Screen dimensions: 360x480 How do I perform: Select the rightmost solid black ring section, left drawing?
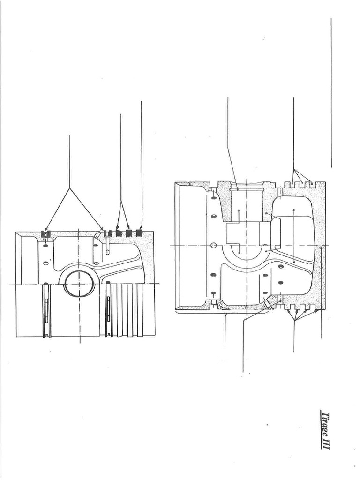140,233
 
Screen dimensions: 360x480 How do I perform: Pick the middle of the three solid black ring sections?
129,233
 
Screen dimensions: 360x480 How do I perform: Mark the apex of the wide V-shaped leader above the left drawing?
69,187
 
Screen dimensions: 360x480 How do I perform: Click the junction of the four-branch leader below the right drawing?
294,321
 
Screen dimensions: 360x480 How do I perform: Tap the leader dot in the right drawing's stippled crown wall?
321,248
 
